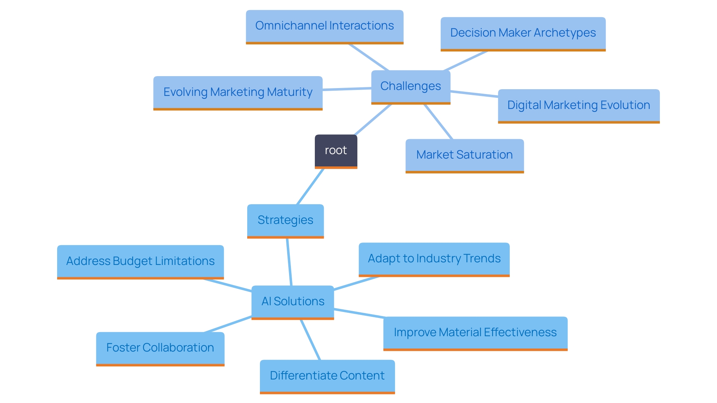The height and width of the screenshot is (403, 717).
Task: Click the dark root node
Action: pyautogui.click(x=336, y=150)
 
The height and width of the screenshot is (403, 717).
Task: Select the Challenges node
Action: pyautogui.click(x=410, y=86)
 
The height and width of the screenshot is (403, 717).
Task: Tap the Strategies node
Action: pyautogui.click(x=285, y=220)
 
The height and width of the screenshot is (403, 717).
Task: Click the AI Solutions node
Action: pyautogui.click(x=293, y=302)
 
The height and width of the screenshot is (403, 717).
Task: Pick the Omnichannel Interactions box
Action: pyautogui.click(x=324, y=26)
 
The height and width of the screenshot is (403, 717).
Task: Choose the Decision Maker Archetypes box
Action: pyautogui.click(x=523, y=33)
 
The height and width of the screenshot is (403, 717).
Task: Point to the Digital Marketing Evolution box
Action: pyautogui.click(x=578, y=105)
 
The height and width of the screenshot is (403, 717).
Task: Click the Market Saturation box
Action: pyautogui.click(x=464, y=155)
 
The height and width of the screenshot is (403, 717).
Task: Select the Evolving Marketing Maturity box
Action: pyautogui.click(x=238, y=92)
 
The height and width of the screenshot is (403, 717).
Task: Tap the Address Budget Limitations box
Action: pyautogui.click(x=140, y=261)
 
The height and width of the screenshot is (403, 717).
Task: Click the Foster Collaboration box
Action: pyautogui.click(x=160, y=348)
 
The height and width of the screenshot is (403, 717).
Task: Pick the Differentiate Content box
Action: pyautogui.click(x=327, y=376)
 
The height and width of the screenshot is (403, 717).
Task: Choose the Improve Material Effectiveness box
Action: pyautogui.click(x=475, y=332)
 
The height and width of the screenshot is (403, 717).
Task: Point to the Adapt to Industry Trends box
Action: pyautogui.click(x=434, y=259)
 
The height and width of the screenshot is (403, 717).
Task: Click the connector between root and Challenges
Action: pyautogui.click(x=373, y=119)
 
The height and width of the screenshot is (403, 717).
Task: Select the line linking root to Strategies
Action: pyautogui.click(x=310, y=186)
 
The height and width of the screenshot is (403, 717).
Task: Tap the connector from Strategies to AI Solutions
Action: pyautogui.click(x=289, y=262)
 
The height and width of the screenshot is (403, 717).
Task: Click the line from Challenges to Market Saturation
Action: pyautogui.click(x=438, y=122)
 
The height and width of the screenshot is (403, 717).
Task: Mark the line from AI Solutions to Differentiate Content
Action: pyautogui.click(x=310, y=340)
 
